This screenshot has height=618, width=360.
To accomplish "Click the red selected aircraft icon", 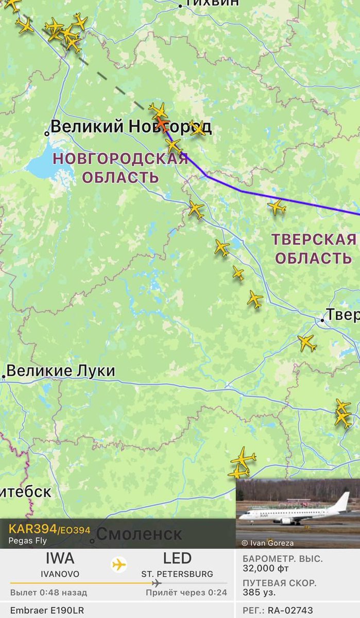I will [162, 124].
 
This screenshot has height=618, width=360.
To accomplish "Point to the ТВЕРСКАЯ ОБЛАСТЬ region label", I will [314, 248].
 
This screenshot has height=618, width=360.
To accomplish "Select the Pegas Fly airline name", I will [27, 541].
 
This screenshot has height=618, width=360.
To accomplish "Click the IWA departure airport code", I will [60, 558].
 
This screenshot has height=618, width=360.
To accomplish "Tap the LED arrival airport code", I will [178, 558].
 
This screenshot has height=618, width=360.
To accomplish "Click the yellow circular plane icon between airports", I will [119, 564].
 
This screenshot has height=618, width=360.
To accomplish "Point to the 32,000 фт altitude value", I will [266, 569].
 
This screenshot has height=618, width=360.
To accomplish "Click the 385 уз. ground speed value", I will [260, 593].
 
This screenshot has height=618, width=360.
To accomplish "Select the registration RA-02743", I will [290, 610].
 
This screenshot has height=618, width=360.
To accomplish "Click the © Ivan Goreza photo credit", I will [268, 543].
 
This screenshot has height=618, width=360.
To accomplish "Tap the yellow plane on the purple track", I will [174, 146].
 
